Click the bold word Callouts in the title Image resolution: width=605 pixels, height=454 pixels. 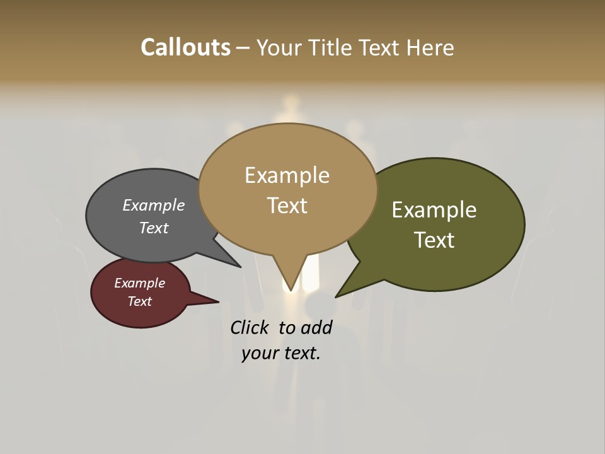click(186, 47)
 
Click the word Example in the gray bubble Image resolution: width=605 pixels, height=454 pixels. click(154, 205)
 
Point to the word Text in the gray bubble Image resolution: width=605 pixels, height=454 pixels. click(154, 228)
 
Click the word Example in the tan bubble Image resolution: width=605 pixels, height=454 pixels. click(287, 175)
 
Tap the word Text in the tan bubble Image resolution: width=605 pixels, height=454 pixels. click(287, 206)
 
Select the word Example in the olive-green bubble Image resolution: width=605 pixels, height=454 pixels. click(434, 210)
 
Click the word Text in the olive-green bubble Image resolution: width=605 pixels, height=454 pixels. click(434, 240)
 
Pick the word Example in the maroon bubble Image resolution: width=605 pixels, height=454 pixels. click(140, 283)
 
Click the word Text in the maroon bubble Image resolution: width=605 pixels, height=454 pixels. click(140, 301)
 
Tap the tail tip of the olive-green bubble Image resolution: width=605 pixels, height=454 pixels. click(337, 296)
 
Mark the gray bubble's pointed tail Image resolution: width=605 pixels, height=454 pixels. click(239, 265)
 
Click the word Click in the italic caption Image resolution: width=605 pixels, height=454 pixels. click(251, 328)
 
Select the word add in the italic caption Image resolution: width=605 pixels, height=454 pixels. click(316, 328)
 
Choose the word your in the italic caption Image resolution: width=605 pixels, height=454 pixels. click(260, 353)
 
